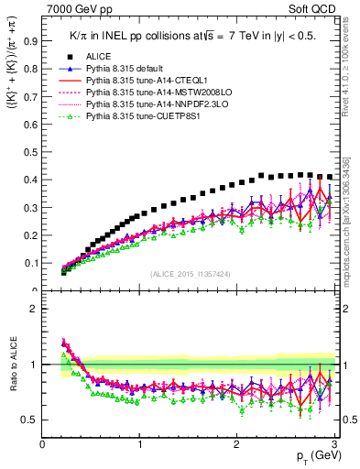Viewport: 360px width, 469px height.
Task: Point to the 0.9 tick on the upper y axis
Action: coord(30,40)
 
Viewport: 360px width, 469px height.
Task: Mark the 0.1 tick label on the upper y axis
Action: coord(30,264)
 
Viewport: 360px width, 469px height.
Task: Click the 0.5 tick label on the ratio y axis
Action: coord(30,420)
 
